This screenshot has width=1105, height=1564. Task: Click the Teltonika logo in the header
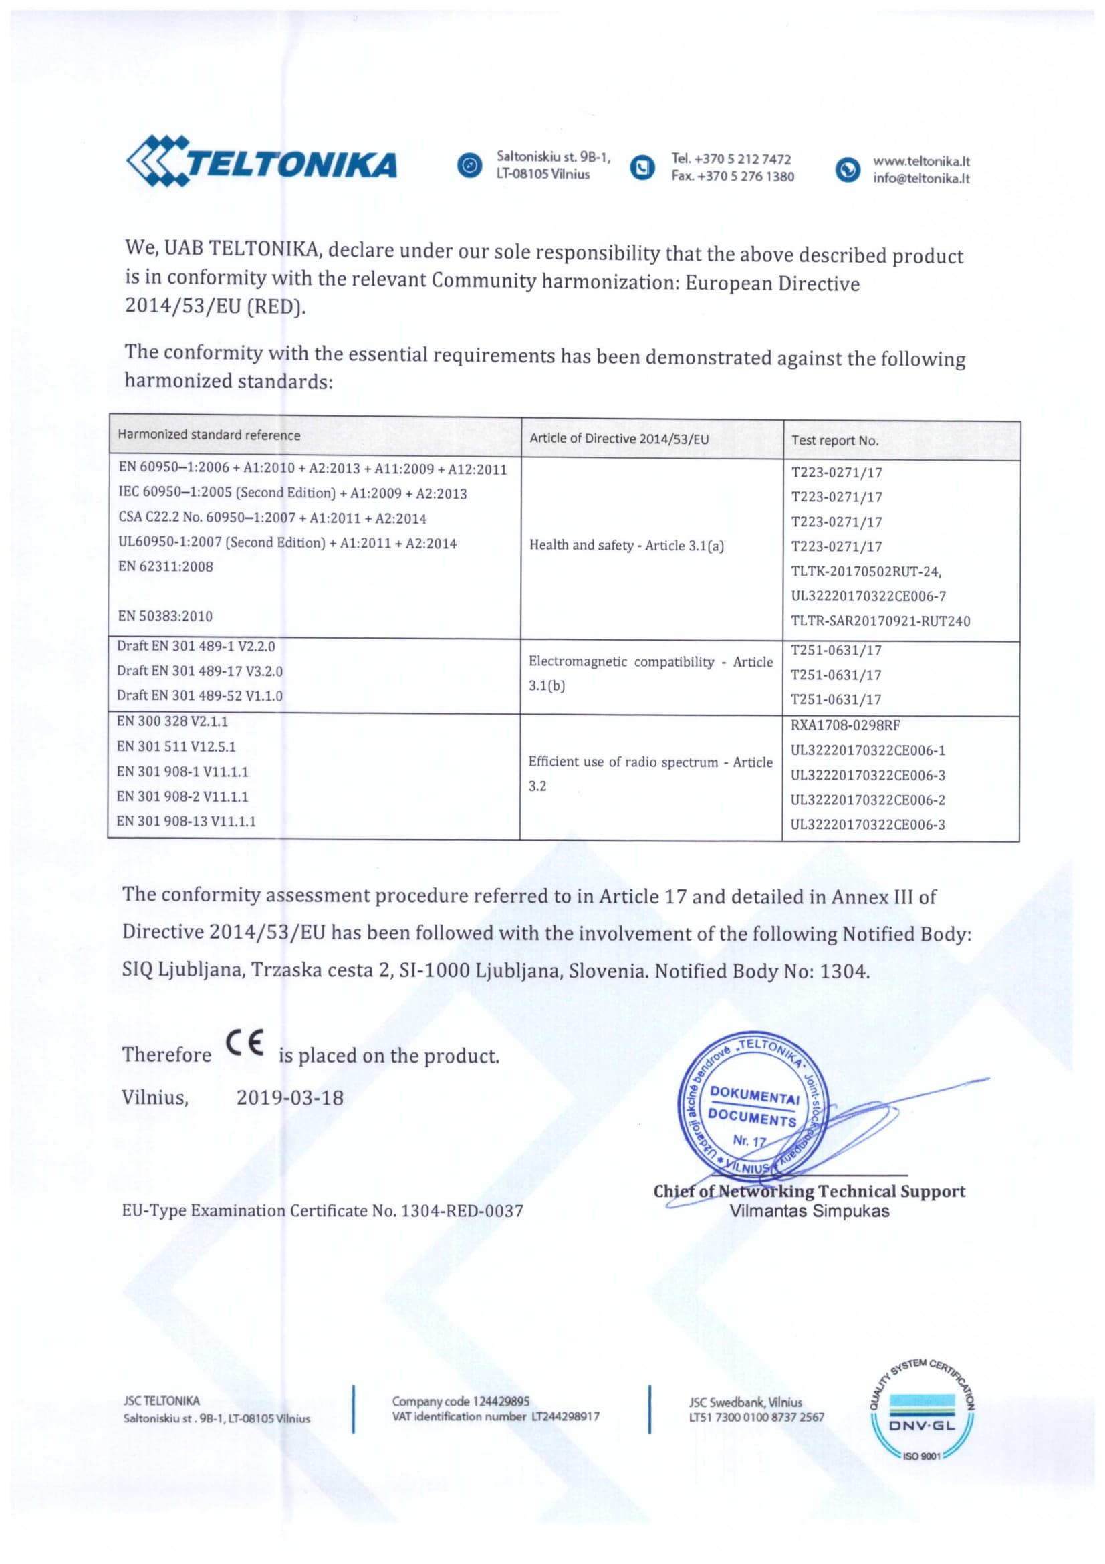coord(261,162)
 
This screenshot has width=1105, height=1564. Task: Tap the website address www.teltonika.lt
coord(921,161)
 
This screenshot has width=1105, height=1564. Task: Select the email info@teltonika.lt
coord(921,179)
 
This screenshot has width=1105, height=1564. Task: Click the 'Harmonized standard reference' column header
coord(209,435)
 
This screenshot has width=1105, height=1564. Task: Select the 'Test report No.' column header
coord(835,440)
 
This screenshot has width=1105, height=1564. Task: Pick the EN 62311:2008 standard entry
coord(165,566)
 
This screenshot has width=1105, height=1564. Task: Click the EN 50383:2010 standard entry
coord(165,616)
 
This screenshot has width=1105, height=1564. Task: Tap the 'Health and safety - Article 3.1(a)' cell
coord(626,545)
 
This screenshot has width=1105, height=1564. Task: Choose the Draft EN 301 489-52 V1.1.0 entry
coord(199,695)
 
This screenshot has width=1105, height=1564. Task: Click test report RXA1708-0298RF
coord(845,725)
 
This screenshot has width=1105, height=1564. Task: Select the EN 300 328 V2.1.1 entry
coord(172,721)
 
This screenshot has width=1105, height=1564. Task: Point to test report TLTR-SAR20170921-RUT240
coord(880,621)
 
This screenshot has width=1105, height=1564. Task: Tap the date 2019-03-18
coord(290,1097)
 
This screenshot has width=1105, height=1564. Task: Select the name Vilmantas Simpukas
coord(810,1210)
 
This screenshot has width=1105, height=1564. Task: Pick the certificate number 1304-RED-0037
coord(463,1210)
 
